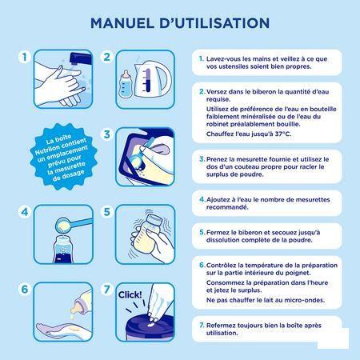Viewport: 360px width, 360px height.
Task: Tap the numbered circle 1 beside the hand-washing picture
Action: [22, 58]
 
